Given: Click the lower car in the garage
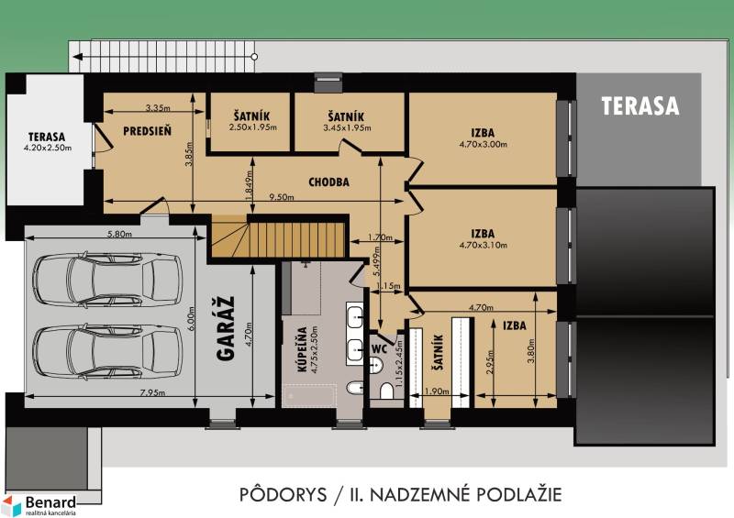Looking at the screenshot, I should pos(106,348).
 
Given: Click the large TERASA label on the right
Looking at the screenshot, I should pos(640,105).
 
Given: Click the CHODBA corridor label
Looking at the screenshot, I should pos(328,182).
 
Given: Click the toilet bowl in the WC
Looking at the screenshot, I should pos(385,391).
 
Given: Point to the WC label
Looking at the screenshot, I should pos(380,348).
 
